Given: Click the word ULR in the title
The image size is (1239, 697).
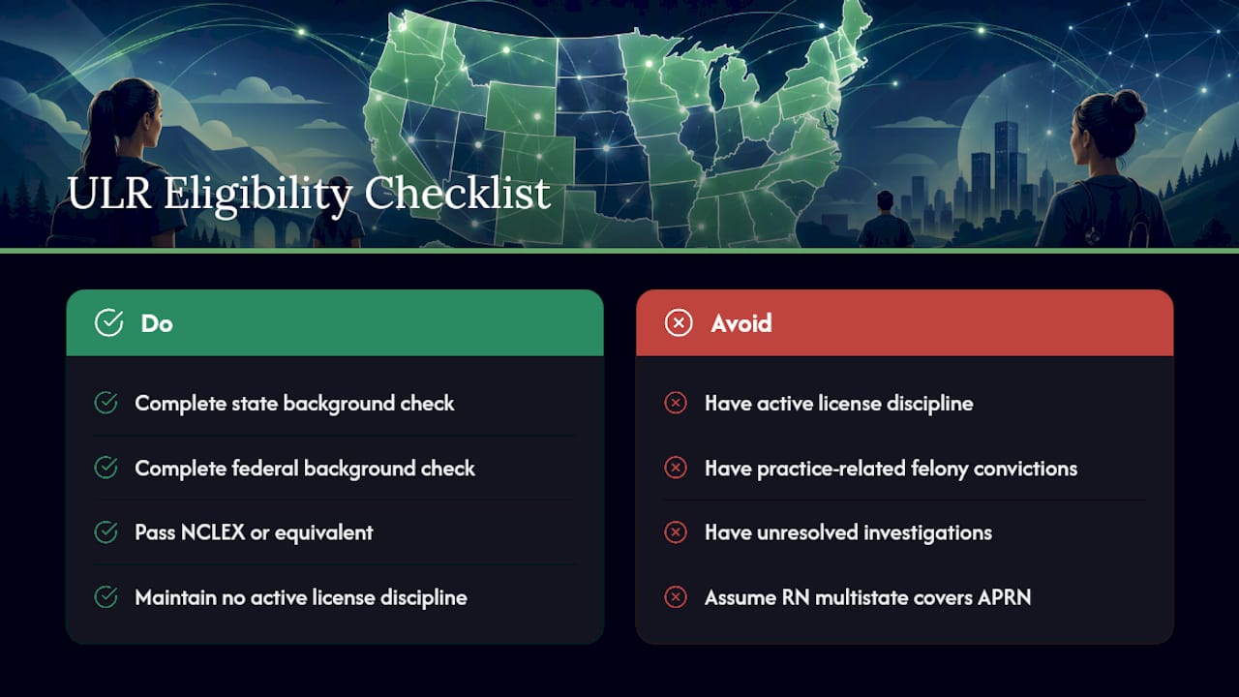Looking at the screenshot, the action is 109,193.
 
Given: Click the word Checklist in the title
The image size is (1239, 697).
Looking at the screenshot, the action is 457,193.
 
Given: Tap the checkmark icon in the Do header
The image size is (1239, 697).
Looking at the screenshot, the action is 109,322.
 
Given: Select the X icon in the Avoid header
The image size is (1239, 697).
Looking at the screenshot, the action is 679,322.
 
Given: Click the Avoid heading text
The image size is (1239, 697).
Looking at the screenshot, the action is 741,323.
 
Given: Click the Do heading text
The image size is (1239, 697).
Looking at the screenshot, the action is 157,323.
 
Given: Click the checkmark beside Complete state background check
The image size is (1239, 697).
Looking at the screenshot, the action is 106,403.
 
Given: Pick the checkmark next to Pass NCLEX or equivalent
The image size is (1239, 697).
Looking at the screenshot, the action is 106,532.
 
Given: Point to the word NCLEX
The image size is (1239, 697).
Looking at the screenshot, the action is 213,532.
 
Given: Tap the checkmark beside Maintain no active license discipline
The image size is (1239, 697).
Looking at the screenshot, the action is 106,597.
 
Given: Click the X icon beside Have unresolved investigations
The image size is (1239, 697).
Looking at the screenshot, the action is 676,532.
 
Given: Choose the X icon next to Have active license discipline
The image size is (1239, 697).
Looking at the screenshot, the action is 676,403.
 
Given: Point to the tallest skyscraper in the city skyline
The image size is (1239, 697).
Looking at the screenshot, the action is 1006,166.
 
